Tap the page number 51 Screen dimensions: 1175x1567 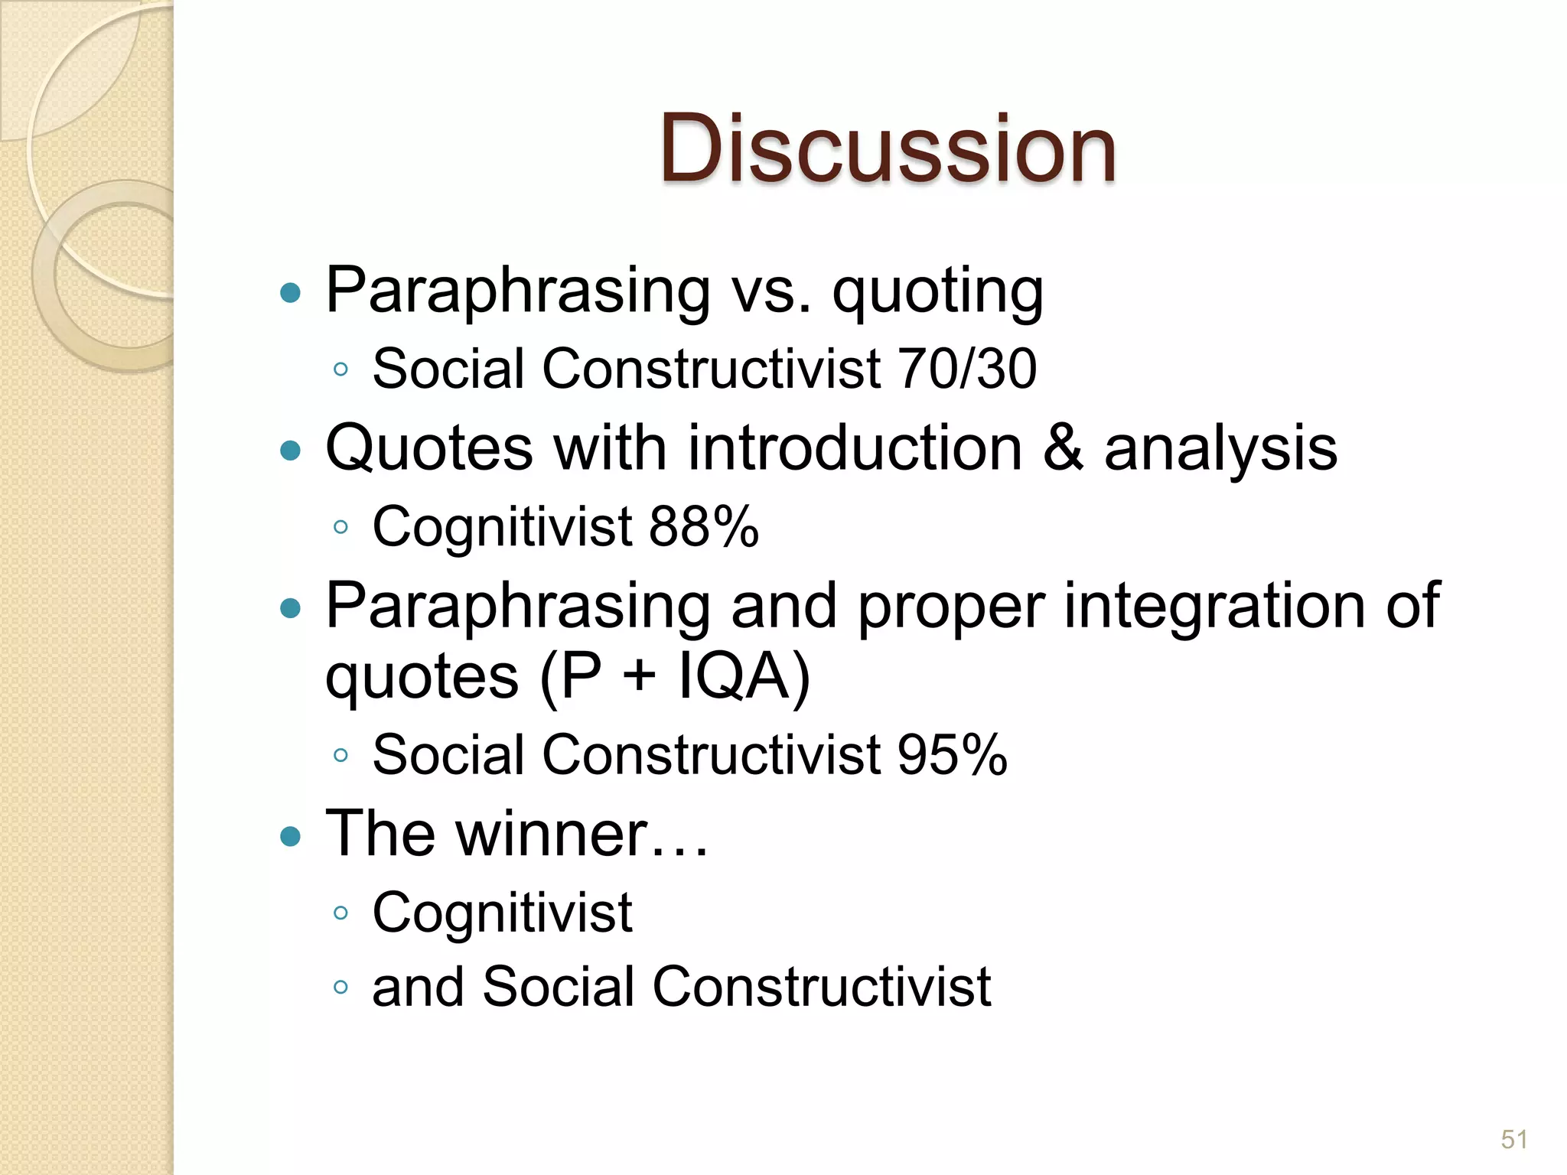[1513, 1140]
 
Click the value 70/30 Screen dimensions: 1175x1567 [967, 369]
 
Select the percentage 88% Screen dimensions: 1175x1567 [704, 527]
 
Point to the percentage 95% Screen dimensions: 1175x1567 [952, 755]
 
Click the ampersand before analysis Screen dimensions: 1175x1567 [1064, 448]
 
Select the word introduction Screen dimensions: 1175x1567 [855, 448]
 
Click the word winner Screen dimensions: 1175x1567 [552, 834]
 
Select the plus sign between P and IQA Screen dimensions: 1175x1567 [640, 678]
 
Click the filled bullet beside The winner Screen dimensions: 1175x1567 [290, 836]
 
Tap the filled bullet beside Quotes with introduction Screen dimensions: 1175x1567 [290, 451]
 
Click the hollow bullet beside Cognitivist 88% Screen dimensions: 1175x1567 [341, 527]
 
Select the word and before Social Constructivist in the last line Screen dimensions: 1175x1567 [418, 987]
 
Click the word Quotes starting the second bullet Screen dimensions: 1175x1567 [429, 448]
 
